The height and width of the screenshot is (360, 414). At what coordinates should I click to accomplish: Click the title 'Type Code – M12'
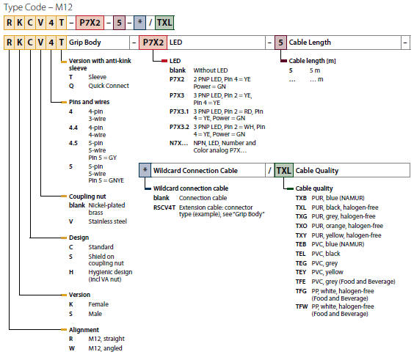tap(38, 7)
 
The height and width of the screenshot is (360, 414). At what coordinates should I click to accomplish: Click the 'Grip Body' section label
tap(84, 43)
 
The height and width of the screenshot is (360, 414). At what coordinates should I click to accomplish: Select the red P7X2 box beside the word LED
tap(153, 43)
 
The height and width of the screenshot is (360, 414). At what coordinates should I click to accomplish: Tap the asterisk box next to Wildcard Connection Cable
tap(145, 170)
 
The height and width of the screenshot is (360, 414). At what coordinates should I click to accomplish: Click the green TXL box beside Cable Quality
tap(283, 170)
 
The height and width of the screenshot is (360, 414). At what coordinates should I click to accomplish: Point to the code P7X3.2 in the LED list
tap(179, 127)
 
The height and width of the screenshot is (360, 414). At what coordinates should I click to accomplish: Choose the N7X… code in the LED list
tap(179, 143)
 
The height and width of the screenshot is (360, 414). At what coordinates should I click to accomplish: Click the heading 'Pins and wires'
tap(89, 102)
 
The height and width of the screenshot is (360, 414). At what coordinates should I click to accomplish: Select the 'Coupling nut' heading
tap(87, 196)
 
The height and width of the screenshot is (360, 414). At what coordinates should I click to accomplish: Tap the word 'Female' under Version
tap(98, 304)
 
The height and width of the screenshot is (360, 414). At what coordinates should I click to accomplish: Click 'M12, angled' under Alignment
tap(106, 348)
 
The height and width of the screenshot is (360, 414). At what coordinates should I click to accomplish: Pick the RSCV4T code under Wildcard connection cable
tap(164, 207)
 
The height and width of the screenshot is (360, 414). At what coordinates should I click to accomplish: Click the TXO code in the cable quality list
tap(301, 226)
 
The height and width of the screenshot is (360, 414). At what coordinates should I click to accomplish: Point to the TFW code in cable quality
tap(302, 306)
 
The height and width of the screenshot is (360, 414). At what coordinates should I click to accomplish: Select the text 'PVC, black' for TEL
tap(326, 254)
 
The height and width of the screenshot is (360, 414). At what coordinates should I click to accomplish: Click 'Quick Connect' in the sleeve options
tap(109, 86)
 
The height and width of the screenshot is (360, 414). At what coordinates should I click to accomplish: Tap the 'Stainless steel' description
tap(107, 221)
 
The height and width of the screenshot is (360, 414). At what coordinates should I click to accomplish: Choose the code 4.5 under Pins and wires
tap(73, 143)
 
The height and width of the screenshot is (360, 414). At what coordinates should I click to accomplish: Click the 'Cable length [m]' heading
tap(312, 61)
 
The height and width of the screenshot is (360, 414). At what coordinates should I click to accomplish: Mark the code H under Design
tap(71, 272)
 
